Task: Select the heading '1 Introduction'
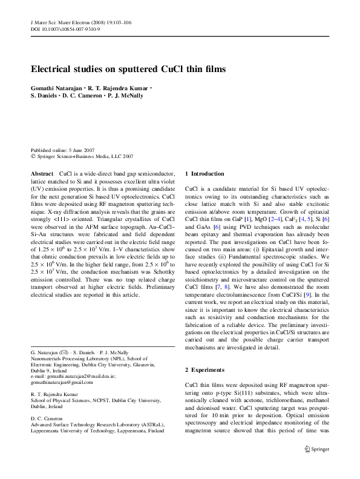tap(206, 173)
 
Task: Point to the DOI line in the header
tap(66, 29)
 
